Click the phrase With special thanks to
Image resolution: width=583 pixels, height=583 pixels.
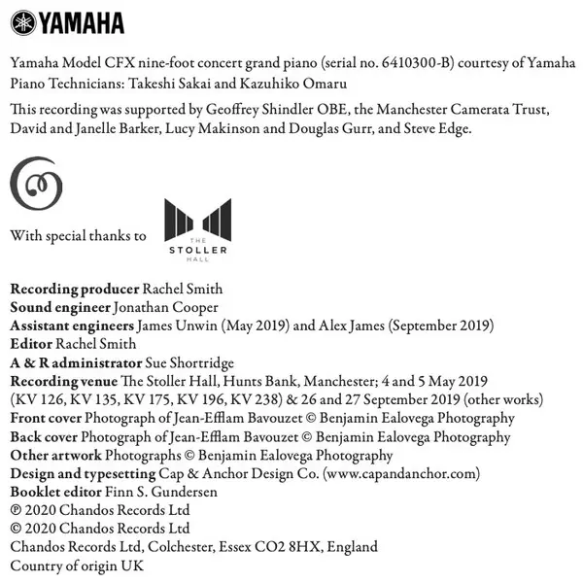point(78,236)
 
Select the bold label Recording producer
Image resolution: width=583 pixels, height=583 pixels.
point(75,289)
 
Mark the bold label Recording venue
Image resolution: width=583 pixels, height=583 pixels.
point(63,381)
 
